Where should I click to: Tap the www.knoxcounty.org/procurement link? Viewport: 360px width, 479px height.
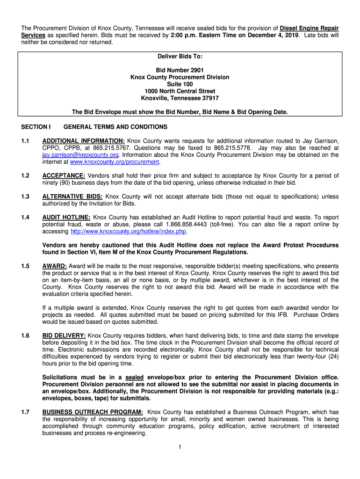click(x=115, y=162)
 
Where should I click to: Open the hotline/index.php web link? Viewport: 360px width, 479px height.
click(x=123, y=232)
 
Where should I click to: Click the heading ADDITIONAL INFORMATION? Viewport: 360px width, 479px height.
click(x=83, y=140)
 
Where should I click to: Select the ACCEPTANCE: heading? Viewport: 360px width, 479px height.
click(x=64, y=175)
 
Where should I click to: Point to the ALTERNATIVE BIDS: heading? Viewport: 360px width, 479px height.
click(x=72, y=196)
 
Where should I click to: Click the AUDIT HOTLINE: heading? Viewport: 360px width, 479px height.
click(x=66, y=217)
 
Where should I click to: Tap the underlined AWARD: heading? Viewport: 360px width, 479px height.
click(x=55, y=266)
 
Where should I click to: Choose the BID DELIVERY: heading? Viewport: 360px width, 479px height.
click(x=64, y=335)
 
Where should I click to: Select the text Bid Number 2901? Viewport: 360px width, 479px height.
click(x=180, y=70)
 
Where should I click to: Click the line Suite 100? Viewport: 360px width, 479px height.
click(x=180, y=84)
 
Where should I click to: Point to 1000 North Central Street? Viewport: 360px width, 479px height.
click(x=180, y=91)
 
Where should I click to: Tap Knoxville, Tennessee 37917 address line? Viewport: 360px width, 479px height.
click(x=180, y=98)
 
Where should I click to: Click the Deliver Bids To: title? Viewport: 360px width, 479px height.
click(x=180, y=56)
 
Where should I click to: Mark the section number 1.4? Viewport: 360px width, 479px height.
click(x=25, y=217)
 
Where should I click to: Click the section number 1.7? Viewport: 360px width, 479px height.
click(x=25, y=412)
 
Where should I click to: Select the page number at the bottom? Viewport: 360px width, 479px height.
click(x=180, y=447)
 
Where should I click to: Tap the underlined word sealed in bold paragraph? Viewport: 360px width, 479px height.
click(x=134, y=377)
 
